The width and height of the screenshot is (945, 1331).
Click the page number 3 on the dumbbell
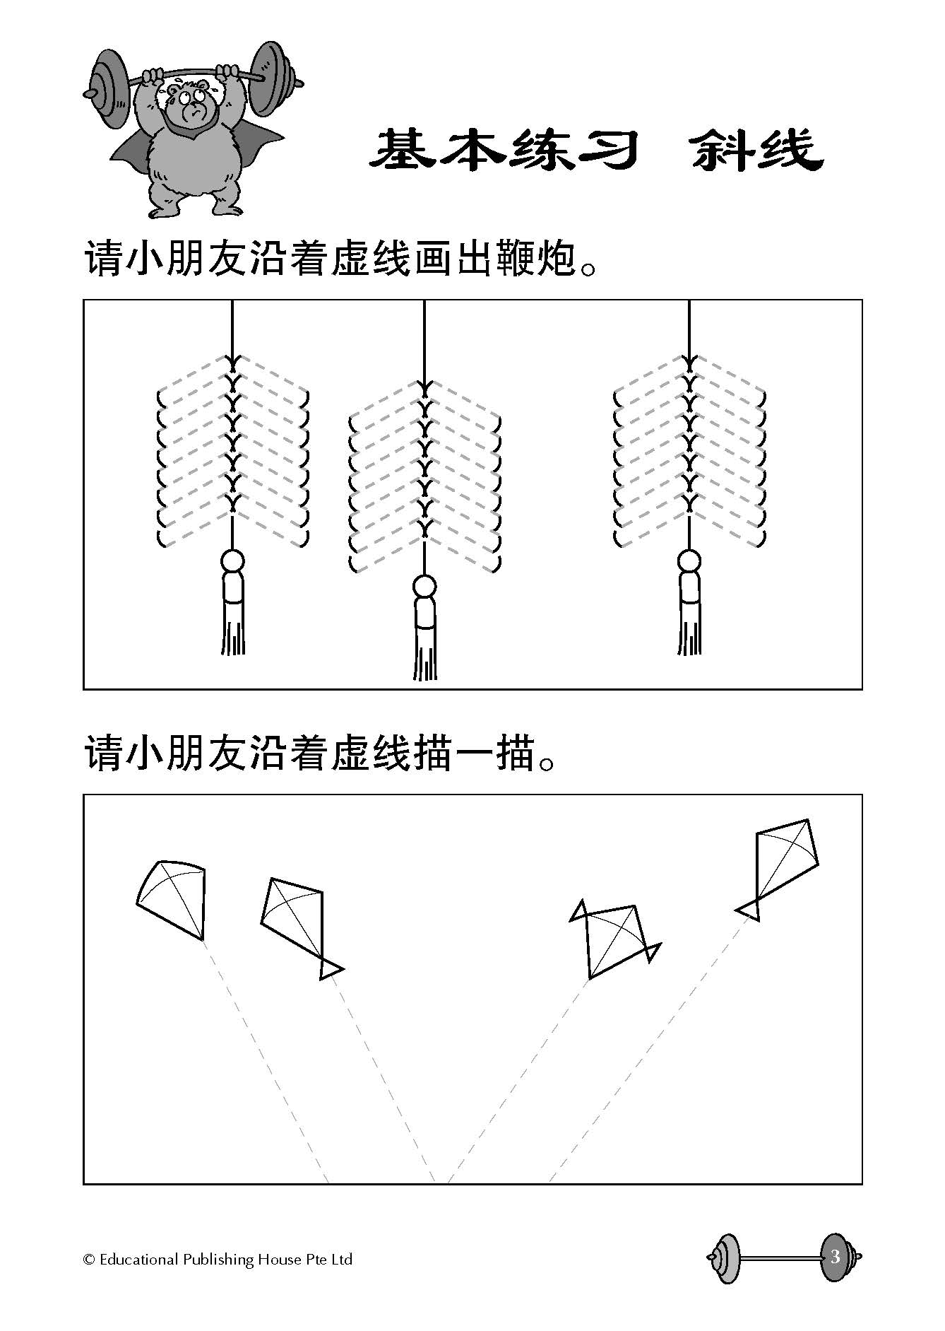pyautogui.click(x=836, y=1257)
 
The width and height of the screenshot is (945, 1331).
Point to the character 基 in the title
pyautogui.click(x=401, y=150)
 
